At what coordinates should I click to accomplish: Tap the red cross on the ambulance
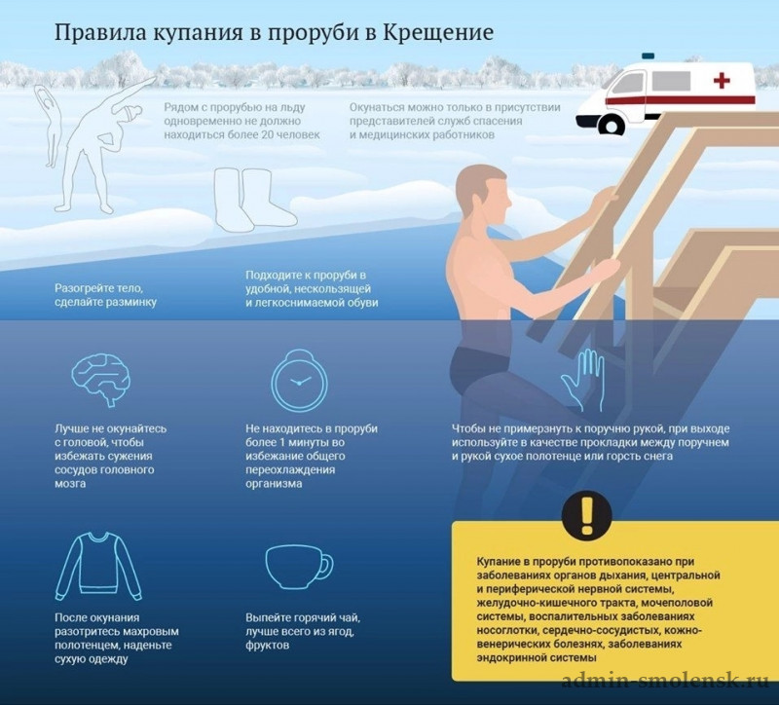click(722, 81)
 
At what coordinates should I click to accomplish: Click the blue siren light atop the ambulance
click(648, 56)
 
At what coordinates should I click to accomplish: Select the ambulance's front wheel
click(612, 127)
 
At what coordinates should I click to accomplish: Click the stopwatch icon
click(300, 380)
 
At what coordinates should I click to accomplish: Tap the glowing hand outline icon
click(583, 380)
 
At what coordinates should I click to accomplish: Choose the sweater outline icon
click(98, 566)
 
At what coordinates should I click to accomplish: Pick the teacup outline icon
click(299, 568)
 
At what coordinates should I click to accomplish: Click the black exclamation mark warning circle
click(587, 515)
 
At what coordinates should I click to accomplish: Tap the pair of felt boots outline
click(254, 200)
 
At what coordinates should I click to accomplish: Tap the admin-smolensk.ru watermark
click(665, 680)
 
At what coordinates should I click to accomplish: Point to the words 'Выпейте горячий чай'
click(303, 618)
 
